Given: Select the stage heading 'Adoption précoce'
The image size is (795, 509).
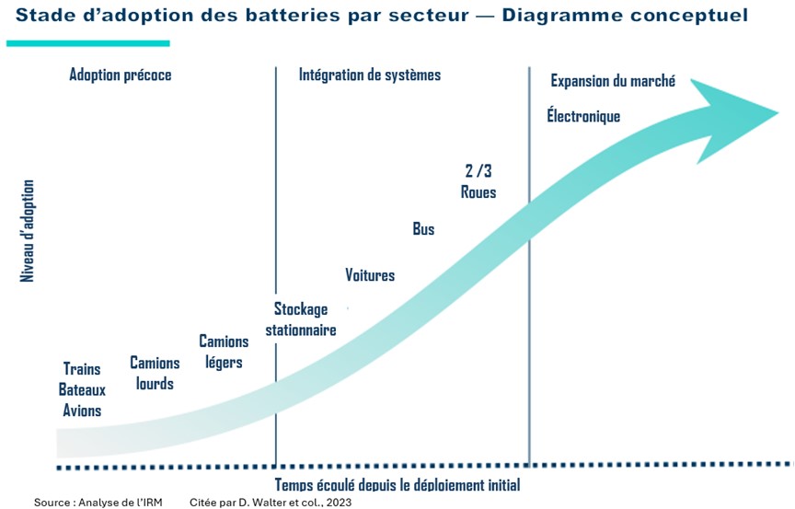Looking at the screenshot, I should [x=121, y=75].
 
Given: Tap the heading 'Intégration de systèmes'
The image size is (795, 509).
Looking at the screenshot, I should [x=370, y=75].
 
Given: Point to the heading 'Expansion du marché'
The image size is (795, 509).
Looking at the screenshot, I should [x=613, y=81].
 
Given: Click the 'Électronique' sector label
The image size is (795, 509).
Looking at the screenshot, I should [x=583, y=117].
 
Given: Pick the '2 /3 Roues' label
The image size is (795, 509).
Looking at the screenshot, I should [x=478, y=182].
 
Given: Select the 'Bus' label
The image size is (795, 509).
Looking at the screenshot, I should [x=423, y=229].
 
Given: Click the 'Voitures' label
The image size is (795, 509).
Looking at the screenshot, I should [x=370, y=275].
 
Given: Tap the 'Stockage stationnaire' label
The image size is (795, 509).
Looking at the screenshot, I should [x=301, y=319].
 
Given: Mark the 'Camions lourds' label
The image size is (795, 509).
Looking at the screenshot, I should [x=155, y=374].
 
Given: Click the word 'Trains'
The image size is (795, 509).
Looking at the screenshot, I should [x=82, y=369].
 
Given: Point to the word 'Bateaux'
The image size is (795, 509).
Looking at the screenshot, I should [x=82, y=390].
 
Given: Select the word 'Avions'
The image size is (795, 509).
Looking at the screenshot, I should [x=82, y=411].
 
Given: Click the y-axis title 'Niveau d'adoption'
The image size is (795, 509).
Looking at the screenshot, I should [x=28, y=230].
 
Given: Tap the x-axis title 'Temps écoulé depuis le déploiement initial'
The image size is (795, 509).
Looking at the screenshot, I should [x=397, y=485].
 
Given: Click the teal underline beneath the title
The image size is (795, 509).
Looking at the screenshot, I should [x=88, y=42].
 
